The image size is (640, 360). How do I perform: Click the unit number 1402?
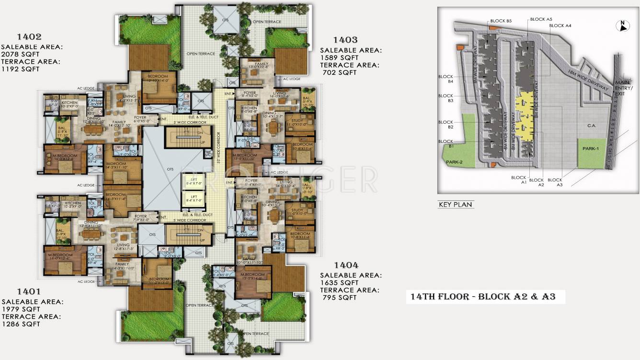click(x=29, y=37)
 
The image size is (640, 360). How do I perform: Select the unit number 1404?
click(x=346, y=265)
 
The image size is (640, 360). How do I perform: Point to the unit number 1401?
click(x=29, y=291)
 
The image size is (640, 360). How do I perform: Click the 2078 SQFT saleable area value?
click(x=20, y=54)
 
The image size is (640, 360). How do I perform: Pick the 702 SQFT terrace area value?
click(x=339, y=72)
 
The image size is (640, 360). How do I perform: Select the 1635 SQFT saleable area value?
click(x=339, y=283)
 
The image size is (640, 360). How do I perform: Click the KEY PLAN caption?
click(x=455, y=205)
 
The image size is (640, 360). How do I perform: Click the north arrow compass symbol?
click(x=621, y=27)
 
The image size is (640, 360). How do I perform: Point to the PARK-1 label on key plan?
click(x=591, y=149)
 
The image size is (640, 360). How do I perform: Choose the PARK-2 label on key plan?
click(x=454, y=163)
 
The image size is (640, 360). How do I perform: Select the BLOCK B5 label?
click(x=501, y=21)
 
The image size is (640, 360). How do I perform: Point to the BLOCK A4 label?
click(x=560, y=25)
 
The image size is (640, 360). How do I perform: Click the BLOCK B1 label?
click(x=446, y=144)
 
